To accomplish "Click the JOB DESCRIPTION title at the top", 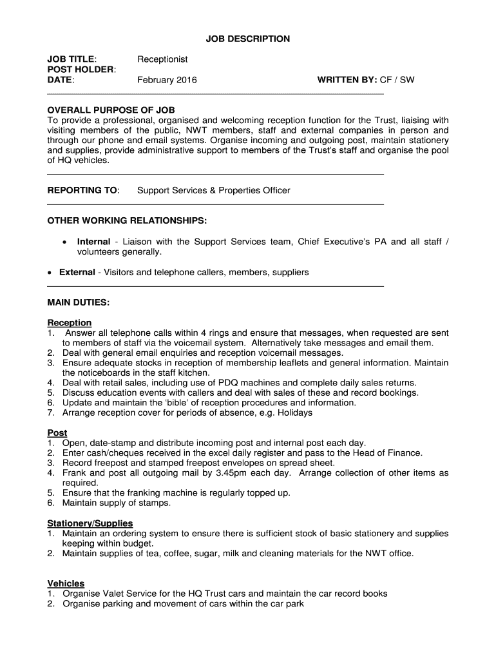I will pos(248,39).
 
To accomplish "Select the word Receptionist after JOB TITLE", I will pos(162,59).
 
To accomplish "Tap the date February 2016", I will pos(167,80).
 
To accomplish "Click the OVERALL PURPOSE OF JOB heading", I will pos(111,110).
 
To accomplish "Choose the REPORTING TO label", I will pos(84,191).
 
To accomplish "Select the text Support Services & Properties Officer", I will pos(214,191).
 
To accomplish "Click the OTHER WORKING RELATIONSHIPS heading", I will pos(128,221).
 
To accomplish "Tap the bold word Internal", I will pos(93,242).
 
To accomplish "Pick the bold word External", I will pos(77,272).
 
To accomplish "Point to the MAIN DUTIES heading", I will pos(79,302).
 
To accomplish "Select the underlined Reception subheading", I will pos(70,322).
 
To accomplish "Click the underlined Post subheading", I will pos(57,433).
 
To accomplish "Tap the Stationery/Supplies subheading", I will pos(90,523).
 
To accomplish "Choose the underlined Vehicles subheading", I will pos(66,583).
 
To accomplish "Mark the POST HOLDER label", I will pos(82,70).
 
